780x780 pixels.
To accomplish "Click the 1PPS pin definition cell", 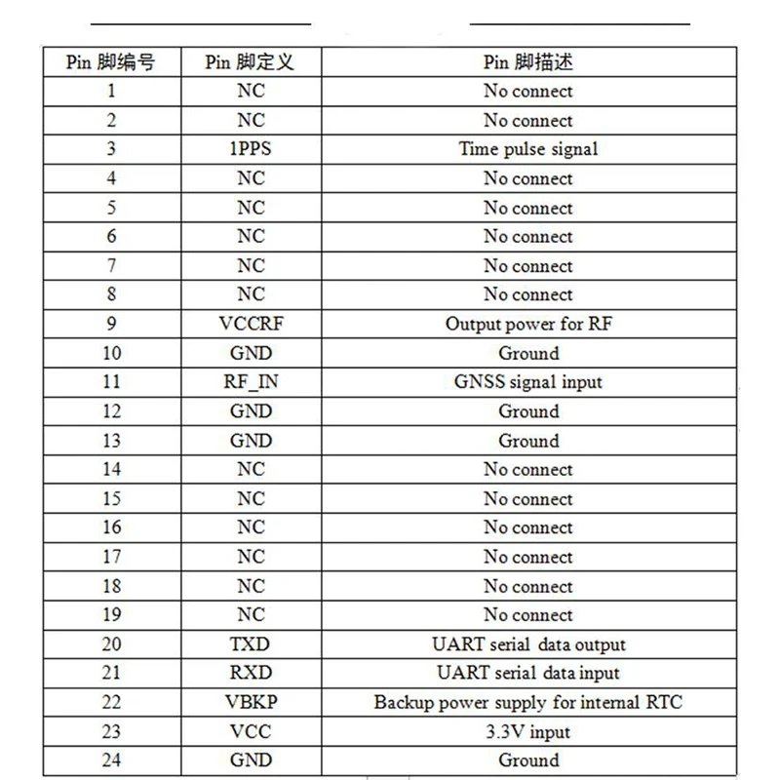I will click(251, 149).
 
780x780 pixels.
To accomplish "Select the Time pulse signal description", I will click(528, 149).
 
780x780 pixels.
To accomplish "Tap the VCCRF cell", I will click(251, 324).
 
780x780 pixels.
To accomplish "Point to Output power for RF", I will click(528, 324).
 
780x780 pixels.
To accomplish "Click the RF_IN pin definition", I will click(251, 382).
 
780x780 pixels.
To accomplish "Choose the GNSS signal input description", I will click(528, 382).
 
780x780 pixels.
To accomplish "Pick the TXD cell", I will click(251, 644).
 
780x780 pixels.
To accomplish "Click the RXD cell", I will click(251, 673).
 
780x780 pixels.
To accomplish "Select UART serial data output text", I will click(528, 644).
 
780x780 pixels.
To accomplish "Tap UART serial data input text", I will click(528, 673).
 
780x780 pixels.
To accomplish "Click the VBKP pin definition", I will click(251, 702).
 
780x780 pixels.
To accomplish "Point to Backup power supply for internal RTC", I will click(528, 702).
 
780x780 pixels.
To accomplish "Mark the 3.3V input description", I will click(528, 731).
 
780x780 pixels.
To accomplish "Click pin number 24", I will click(112, 760).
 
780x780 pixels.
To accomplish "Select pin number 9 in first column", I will click(112, 324).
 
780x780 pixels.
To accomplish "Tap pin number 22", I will click(112, 702).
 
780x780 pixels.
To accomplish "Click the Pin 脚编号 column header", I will click(110, 62).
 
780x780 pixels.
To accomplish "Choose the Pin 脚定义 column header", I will click(250, 62).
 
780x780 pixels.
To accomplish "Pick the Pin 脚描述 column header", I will click(528, 62).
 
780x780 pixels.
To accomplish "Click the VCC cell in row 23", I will click(251, 731).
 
